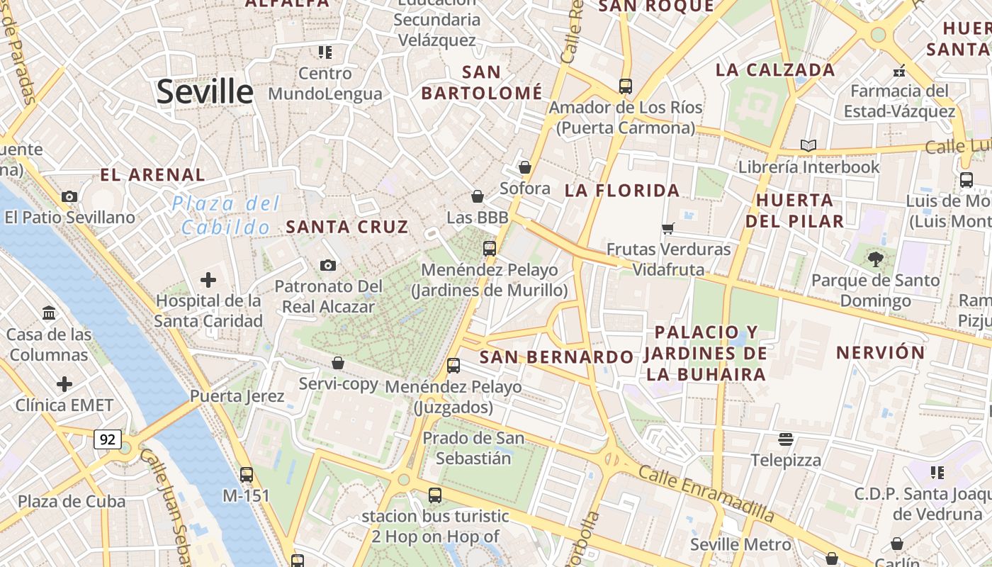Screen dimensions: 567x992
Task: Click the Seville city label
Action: (205, 92)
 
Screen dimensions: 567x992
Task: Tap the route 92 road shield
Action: (107, 439)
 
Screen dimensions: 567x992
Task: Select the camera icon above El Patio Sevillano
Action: (69, 196)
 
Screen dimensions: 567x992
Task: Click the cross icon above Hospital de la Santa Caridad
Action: (208, 280)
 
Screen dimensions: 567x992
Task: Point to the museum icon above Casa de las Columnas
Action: (49, 313)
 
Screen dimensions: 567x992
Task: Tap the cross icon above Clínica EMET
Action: (64, 385)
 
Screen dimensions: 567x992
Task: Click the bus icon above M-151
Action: (247, 474)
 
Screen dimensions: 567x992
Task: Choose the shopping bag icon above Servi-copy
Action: (338, 363)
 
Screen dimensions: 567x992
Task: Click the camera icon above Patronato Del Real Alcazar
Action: (327, 265)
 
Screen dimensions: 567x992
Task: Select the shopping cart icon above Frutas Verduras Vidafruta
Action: (667, 228)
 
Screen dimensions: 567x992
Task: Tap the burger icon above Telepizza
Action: (785, 439)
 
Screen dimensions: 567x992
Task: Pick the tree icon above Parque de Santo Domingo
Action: (876, 259)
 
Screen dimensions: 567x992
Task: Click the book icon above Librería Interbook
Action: (808, 146)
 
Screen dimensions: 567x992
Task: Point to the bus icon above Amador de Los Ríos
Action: (625, 86)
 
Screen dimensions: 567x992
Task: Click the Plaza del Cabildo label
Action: (226, 215)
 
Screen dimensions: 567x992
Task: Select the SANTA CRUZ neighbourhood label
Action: (347, 227)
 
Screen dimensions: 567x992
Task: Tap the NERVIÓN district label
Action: (881, 352)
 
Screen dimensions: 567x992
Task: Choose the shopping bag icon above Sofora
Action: (525, 167)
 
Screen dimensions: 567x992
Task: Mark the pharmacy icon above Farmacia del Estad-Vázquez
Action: (899, 70)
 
